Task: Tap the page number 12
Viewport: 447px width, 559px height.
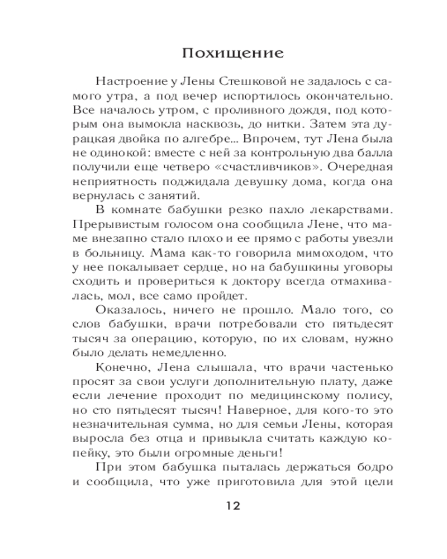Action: click(x=232, y=506)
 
